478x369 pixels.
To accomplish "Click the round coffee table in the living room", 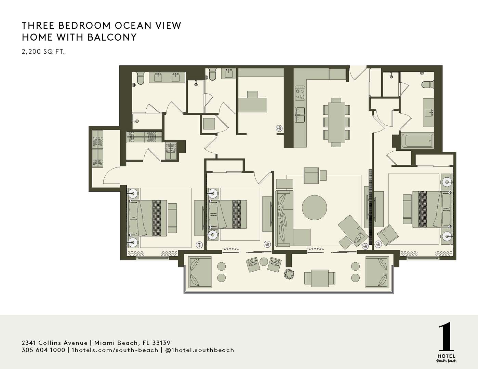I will point(314,207).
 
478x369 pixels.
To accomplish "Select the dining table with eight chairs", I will point(336,122).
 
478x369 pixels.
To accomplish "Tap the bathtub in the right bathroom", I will point(417,140).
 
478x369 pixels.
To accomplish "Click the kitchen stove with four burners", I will point(300,94).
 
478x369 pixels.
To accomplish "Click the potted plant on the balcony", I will point(289,274).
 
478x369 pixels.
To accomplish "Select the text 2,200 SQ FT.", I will point(43,52).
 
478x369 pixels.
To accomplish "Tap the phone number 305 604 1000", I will point(43,350).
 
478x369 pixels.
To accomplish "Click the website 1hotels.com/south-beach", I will point(115,350).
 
